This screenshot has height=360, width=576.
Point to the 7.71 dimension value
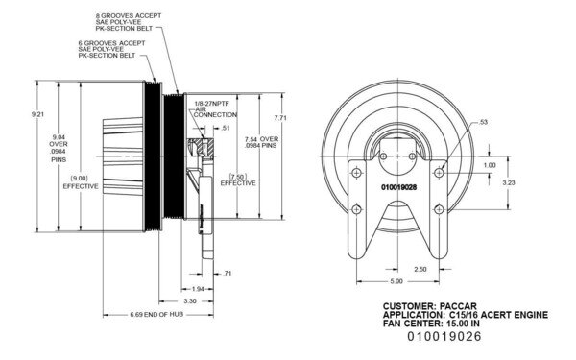(x=280, y=117)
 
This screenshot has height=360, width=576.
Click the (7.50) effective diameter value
(x=239, y=176)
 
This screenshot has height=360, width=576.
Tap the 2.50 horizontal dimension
(x=421, y=269)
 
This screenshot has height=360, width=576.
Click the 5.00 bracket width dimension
(x=396, y=282)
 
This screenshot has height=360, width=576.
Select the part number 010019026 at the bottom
(x=444, y=337)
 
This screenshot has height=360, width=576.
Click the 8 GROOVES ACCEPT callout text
(x=124, y=18)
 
